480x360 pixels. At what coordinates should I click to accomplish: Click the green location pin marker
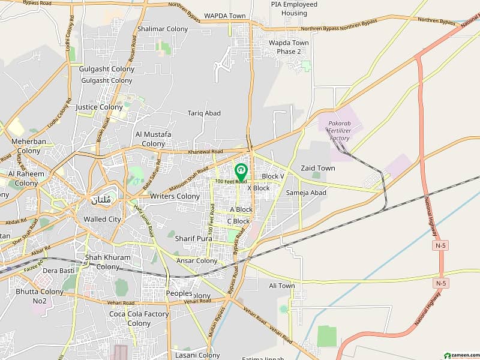coord(241,172)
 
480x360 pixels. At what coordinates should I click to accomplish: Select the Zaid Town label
coord(318,169)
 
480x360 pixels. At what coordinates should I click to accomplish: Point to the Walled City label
coord(102,219)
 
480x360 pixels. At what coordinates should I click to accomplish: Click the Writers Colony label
coord(175,196)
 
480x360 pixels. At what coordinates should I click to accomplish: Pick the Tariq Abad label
coord(204,113)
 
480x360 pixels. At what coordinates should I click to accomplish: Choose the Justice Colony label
coord(99,107)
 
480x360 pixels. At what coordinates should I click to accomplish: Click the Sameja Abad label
coord(306,193)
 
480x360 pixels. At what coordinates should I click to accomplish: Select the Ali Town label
coord(281,286)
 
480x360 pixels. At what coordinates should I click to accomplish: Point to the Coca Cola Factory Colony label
coord(139,318)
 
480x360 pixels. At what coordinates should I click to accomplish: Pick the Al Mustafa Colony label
coord(153,139)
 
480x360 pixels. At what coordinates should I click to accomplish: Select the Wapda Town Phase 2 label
coord(289,47)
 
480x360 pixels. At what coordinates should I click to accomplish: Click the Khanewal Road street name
coord(205,152)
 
